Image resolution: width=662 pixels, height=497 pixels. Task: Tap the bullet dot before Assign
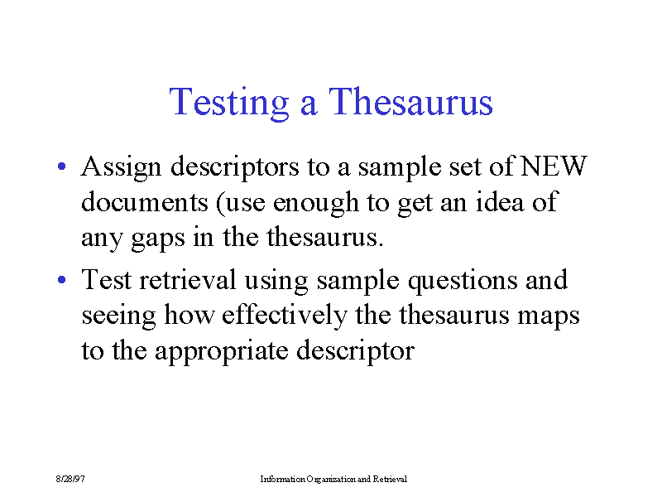click(61, 166)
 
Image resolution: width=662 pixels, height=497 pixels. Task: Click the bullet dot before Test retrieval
click(61, 279)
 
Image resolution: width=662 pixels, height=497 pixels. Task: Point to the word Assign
click(121, 167)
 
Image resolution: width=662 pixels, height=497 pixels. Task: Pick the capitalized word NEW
click(554, 166)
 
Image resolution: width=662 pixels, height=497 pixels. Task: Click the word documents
click(144, 201)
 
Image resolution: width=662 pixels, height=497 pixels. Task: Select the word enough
click(316, 204)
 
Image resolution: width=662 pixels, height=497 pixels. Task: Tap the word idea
click(500, 201)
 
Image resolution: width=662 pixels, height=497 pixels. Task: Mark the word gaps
click(158, 239)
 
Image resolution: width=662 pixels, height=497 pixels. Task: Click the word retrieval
click(188, 279)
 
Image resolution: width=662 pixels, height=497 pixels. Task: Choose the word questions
click(463, 282)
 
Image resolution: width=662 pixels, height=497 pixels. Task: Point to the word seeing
click(118, 317)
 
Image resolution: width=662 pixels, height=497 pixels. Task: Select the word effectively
click(284, 316)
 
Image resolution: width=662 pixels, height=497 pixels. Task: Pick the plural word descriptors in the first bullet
click(235, 167)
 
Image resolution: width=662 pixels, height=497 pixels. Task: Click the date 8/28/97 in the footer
click(70, 479)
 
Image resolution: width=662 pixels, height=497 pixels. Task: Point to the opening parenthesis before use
click(219, 203)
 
